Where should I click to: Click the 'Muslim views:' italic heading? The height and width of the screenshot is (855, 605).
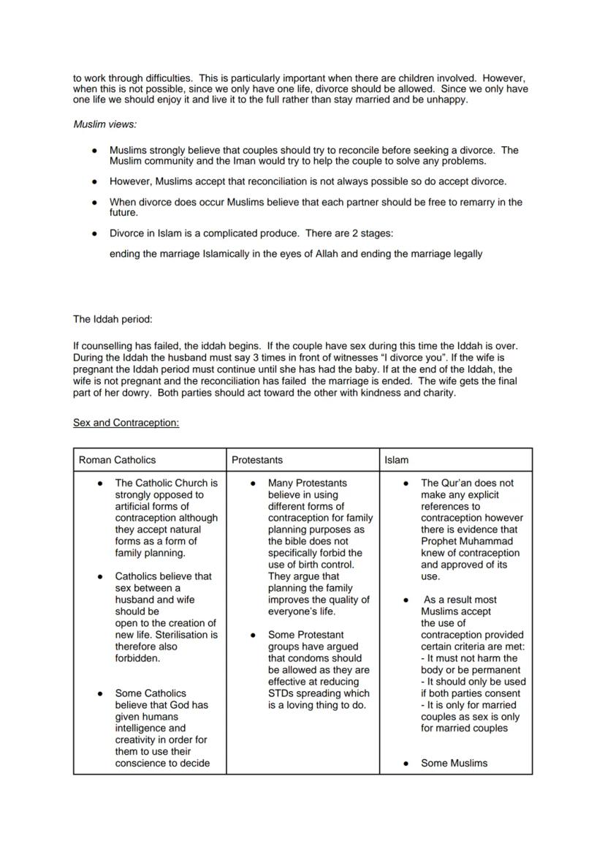coord(104,124)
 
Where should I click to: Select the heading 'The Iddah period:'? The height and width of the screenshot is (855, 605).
coord(113,319)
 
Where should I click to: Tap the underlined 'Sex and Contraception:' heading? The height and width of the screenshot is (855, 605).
coord(126,423)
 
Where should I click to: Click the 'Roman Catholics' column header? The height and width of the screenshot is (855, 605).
coord(117,460)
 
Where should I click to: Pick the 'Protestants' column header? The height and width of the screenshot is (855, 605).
coord(257,460)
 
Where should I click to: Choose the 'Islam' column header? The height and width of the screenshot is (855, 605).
coord(397,460)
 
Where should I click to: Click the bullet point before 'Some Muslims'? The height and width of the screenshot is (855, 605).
coord(406,764)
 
